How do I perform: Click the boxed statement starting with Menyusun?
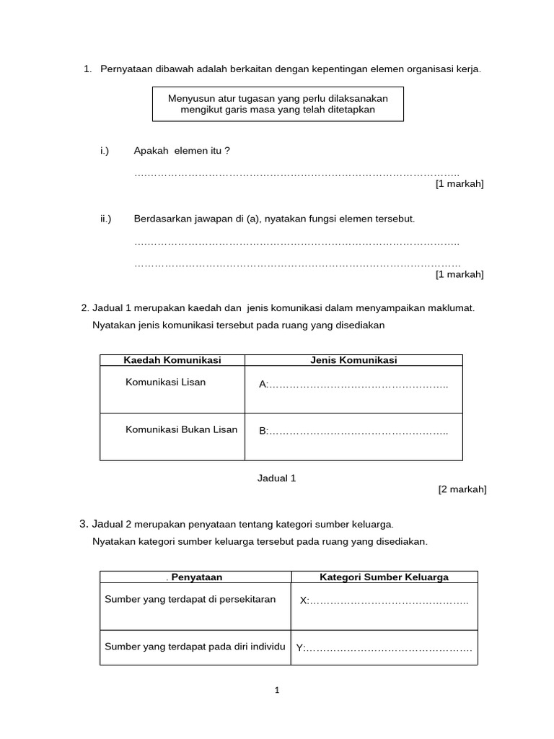(x=278, y=104)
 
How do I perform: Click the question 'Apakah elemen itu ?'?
(x=182, y=151)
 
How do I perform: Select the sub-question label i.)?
(x=105, y=151)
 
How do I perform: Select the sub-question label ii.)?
(x=106, y=219)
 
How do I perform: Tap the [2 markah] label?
(x=462, y=489)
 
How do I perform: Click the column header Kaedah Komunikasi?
(x=172, y=360)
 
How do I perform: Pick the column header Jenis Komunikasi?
(x=353, y=360)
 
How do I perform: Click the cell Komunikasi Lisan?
(x=165, y=382)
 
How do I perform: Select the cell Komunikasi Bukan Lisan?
(x=181, y=430)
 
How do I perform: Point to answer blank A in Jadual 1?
(x=353, y=385)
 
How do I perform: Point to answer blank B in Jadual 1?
(x=353, y=432)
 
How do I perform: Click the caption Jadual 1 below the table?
(x=277, y=478)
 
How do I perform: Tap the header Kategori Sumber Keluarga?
(x=384, y=577)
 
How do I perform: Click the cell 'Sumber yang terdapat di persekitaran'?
(x=190, y=600)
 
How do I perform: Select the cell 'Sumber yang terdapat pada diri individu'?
(x=195, y=647)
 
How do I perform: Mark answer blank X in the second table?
(x=384, y=601)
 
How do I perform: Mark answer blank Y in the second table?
(x=384, y=648)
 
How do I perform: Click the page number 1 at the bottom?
(x=277, y=691)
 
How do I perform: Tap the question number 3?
(x=84, y=524)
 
